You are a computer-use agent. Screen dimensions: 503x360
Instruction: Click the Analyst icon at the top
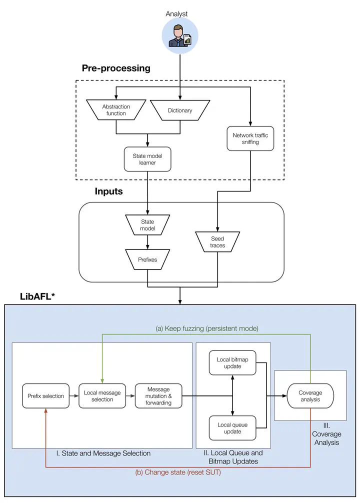pyautogui.click(x=179, y=36)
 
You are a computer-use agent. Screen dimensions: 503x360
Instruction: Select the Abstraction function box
pyautogui.click(x=116, y=110)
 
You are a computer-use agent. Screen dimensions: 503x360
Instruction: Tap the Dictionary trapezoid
pyautogui.click(x=180, y=110)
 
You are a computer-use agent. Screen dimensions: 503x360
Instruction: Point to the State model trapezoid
pyautogui.click(x=147, y=225)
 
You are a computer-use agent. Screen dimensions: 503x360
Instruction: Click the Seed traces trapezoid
pyautogui.click(x=217, y=241)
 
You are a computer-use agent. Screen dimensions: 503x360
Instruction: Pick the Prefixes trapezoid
pyautogui.click(x=147, y=259)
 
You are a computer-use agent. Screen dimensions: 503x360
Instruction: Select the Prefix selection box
pyautogui.click(x=45, y=396)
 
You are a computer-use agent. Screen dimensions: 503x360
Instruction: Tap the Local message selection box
pyautogui.click(x=102, y=396)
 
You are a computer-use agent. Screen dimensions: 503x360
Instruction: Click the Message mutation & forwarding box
pyautogui.click(x=158, y=396)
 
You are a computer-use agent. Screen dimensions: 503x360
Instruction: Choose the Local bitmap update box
pyautogui.click(x=232, y=363)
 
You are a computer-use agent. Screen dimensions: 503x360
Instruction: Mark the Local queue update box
pyautogui.click(x=232, y=428)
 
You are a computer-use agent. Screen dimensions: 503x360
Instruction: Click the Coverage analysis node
pyautogui.click(x=310, y=396)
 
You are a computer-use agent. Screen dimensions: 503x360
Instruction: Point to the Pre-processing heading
pyautogui.click(x=116, y=68)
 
